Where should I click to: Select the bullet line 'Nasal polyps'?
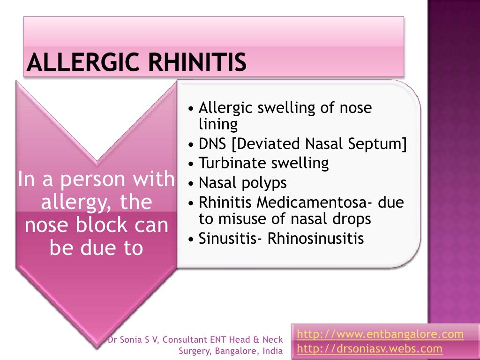click(242, 182)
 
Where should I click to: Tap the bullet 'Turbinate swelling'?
click(263, 163)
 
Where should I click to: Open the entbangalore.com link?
click(380, 334)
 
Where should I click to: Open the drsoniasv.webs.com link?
click(370, 348)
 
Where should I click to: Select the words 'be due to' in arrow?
click(96, 248)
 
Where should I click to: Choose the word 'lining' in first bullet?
click(218, 124)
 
